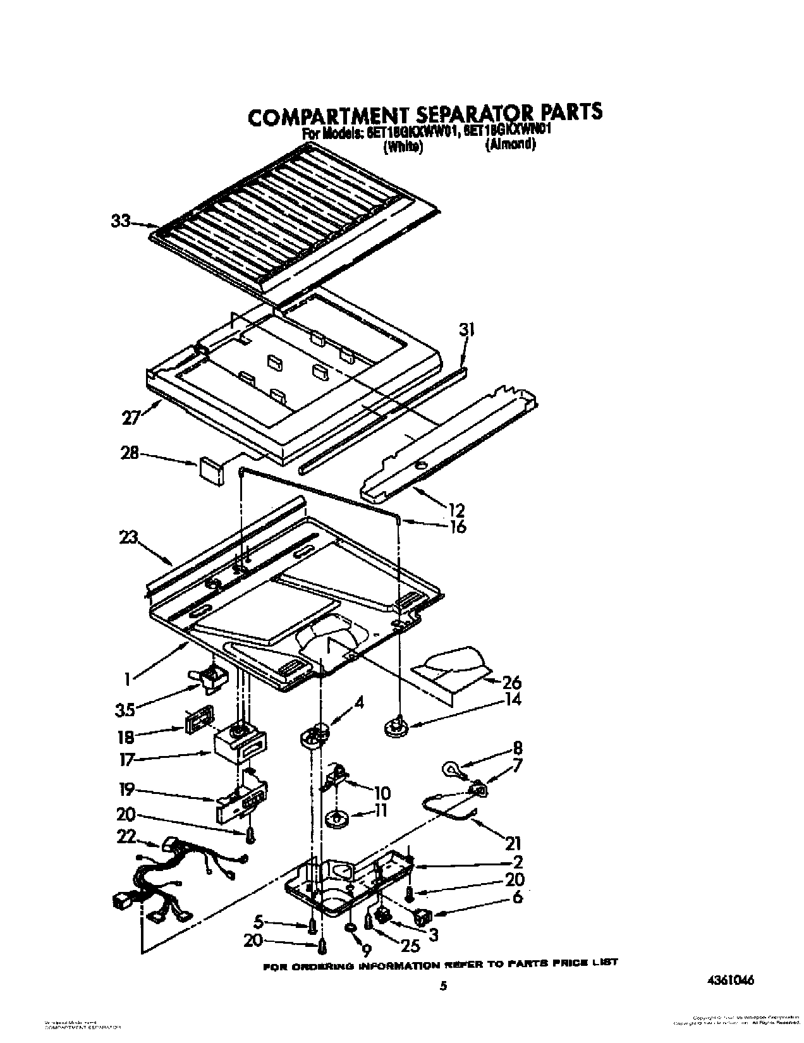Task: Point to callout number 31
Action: pyautogui.click(x=466, y=330)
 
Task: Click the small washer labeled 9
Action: pyautogui.click(x=350, y=927)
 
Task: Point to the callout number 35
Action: pyautogui.click(x=125, y=710)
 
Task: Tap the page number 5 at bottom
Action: pyautogui.click(x=443, y=985)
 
